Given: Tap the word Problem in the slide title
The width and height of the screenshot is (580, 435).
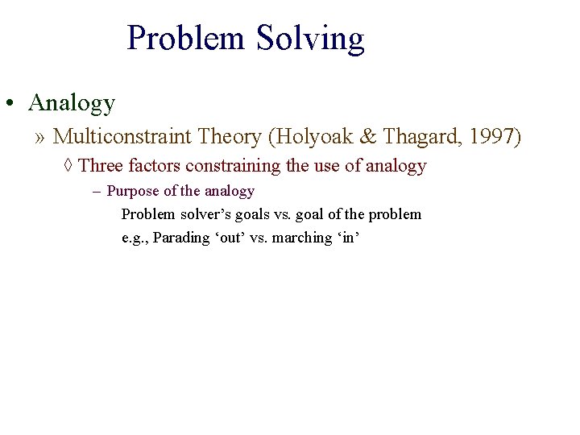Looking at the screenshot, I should [x=187, y=38].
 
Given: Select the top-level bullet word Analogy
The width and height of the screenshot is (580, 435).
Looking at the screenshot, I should [x=72, y=103].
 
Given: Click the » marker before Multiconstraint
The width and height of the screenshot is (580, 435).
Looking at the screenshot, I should [x=40, y=138].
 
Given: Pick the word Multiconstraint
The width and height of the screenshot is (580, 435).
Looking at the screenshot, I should [x=134, y=137].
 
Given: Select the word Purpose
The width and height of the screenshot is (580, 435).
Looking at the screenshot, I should [x=132, y=192].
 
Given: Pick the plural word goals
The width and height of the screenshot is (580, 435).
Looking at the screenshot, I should [x=255, y=214].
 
